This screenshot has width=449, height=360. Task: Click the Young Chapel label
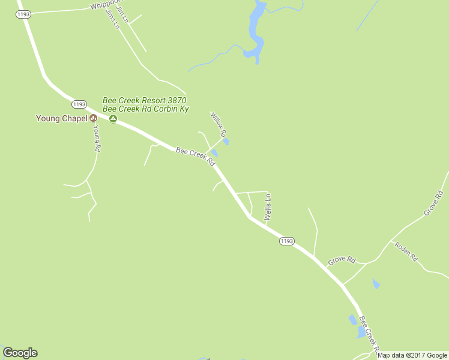62,118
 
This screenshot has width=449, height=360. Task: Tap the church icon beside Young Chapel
93,118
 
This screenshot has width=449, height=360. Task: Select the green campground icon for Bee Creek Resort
113,118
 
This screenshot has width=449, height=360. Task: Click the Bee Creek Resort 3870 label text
145,100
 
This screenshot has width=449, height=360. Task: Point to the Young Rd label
96,139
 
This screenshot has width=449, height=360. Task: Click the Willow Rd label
217,125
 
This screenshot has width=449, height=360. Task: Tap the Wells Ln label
268,205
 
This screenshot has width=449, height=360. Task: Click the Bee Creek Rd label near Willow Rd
195,157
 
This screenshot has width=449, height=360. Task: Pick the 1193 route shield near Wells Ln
286,241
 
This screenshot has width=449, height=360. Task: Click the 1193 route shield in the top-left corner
23,14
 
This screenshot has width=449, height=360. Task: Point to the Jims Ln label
112,19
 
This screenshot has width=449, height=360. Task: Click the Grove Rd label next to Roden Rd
342,260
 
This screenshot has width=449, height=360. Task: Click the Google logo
20,353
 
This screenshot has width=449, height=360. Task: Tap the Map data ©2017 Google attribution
412,355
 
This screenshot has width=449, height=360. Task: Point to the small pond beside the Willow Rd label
226,142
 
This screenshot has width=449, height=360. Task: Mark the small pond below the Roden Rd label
376,283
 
